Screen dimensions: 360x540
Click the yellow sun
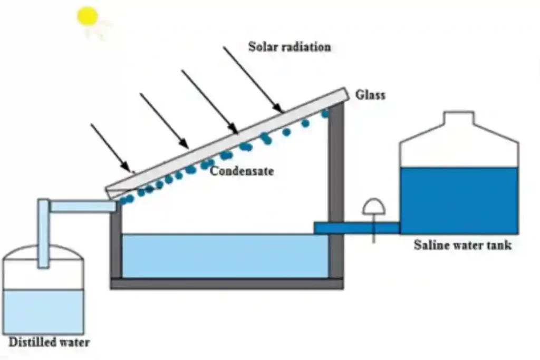click(x=88, y=16)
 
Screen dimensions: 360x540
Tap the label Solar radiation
click(x=290, y=47)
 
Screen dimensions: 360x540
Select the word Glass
click(x=370, y=95)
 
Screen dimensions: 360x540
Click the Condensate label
click(x=242, y=171)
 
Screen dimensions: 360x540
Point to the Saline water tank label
click(x=462, y=245)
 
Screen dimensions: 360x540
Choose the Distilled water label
click(x=49, y=343)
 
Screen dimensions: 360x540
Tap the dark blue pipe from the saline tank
click(x=356, y=228)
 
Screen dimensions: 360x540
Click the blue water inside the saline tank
click(x=459, y=200)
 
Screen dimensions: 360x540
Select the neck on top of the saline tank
click(x=459, y=120)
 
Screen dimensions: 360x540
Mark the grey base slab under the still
click(x=227, y=284)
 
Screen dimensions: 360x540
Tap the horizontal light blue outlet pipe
click(x=83, y=206)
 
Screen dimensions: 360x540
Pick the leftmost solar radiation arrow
click(x=111, y=148)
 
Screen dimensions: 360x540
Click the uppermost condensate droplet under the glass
click(x=325, y=113)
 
